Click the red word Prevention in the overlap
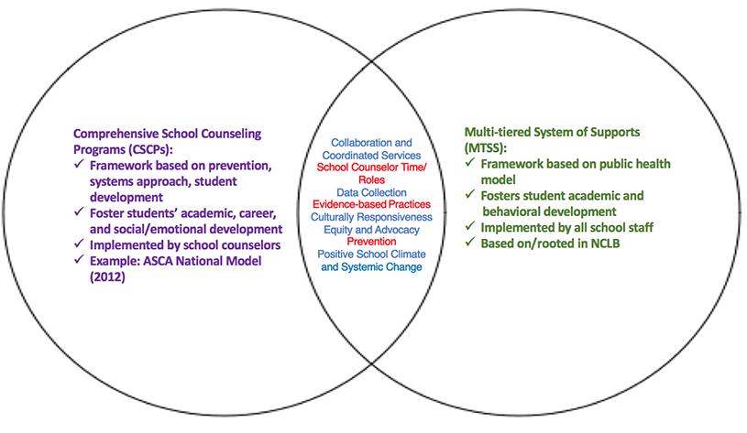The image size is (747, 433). [x=371, y=242]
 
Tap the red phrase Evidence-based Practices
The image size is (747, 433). [x=371, y=205]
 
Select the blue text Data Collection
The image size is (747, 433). [x=371, y=193]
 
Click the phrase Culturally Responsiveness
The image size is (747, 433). [x=371, y=218]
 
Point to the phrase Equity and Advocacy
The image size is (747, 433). [x=371, y=230]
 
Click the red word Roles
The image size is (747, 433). [x=371, y=179]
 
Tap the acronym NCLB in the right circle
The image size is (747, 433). [x=605, y=244]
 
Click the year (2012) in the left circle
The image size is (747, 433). [x=107, y=277]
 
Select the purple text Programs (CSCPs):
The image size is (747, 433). [x=123, y=149]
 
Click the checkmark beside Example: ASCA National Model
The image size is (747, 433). [x=79, y=260]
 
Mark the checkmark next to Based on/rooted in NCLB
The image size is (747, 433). [x=470, y=243]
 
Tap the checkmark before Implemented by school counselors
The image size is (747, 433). [x=79, y=244]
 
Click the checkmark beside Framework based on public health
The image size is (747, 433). [x=470, y=163]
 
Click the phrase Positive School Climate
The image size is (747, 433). [x=371, y=254]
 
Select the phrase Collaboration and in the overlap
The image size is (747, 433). [x=371, y=143]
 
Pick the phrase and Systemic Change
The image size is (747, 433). [x=371, y=267]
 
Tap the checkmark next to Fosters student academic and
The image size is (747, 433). [x=470, y=194]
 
